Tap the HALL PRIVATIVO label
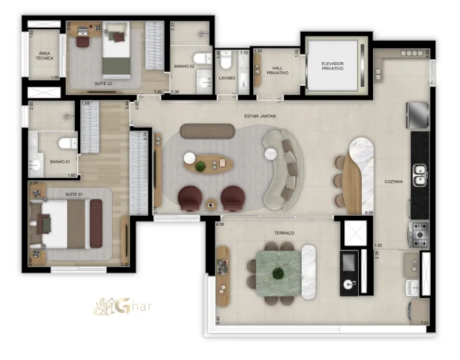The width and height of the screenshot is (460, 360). pyautogui.click(x=276, y=70)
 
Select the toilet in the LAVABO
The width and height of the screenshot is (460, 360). pyautogui.click(x=226, y=61)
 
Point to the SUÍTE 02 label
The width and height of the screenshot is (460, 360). pyautogui.click(x=104, y=84)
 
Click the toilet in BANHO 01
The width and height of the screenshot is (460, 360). pyautogui.click(x=66, y=143)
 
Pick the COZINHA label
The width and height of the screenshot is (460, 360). pyautogui.click(x=394, y=181)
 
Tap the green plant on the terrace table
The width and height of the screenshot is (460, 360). pyautogui.click(x=278, y=274)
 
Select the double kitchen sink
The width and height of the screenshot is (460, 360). pyautogui.click(x=420, y=171)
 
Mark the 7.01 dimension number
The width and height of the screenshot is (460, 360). pyautogui.click(x=425, y=323)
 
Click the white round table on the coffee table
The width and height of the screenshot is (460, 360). pyautogui.click(x=190, y=158)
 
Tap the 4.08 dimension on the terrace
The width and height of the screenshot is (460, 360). pyautogui.click(x=220, y=225)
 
